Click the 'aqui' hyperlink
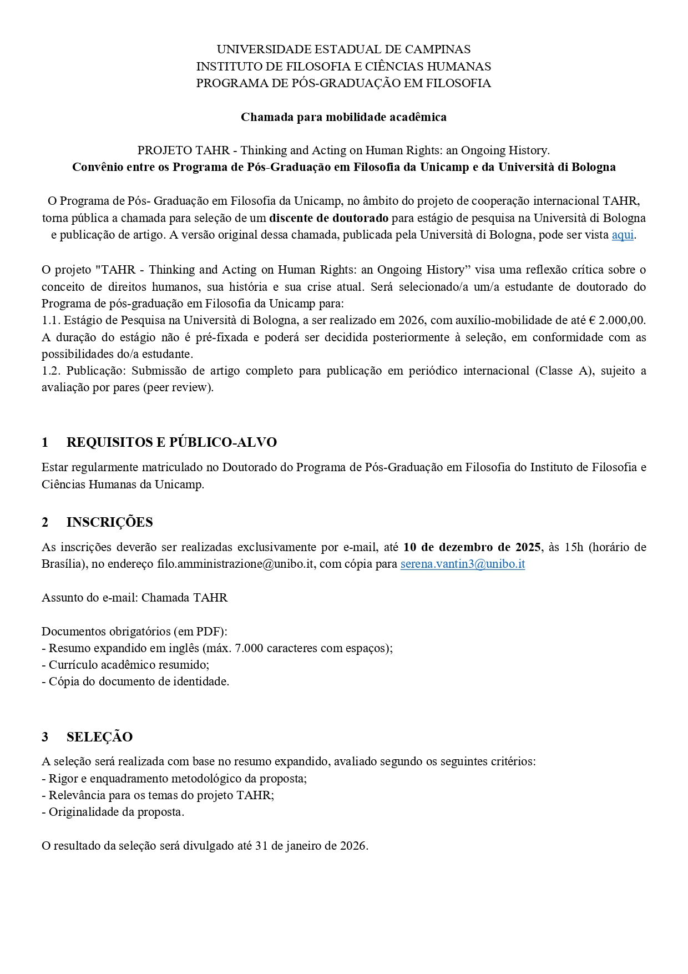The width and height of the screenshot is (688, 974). point(622,235)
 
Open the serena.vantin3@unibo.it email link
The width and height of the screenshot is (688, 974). point(462,564)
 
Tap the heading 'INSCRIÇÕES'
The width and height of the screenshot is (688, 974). point(109,522)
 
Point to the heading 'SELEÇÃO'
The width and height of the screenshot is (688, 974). point(99,737)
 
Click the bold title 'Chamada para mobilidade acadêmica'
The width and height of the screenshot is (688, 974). point(343,117)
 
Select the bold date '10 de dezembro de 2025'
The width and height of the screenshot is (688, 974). point(472,547)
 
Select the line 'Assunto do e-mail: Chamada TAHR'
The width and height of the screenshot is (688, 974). point(134,598)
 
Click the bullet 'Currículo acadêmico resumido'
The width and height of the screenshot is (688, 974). point(128,664)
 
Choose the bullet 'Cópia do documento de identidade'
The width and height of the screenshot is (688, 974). point(138,682)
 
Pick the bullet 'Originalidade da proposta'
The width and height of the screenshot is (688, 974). point(116,812)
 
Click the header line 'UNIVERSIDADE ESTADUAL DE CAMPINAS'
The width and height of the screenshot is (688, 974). point(343,49)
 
